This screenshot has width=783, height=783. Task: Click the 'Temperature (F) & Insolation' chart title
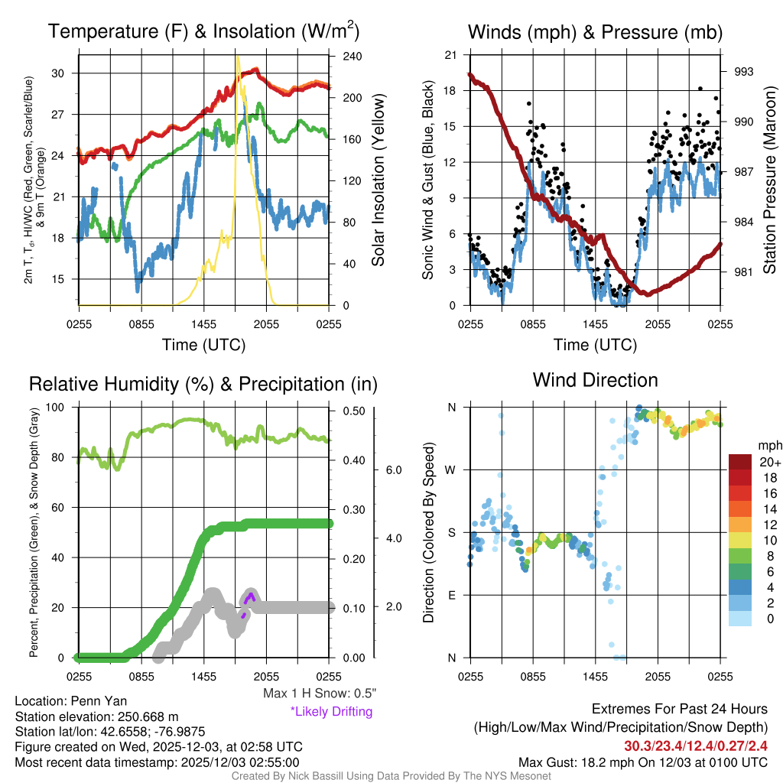204,32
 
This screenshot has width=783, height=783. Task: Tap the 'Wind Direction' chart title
595,380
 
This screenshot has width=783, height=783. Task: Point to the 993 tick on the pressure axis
743,71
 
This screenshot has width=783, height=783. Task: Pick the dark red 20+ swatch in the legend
741,462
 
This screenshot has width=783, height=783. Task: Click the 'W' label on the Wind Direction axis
451,469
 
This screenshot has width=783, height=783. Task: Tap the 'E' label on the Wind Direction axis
451,595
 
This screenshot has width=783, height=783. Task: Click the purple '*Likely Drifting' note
331,711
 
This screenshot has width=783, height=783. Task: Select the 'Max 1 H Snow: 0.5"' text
319,694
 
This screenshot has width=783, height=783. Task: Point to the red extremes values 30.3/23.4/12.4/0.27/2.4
696,746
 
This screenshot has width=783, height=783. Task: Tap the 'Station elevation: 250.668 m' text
96,716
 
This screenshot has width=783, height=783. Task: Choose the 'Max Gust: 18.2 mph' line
642,762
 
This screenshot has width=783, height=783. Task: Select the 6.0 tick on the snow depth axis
393,469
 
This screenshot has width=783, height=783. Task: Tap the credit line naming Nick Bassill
391,776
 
